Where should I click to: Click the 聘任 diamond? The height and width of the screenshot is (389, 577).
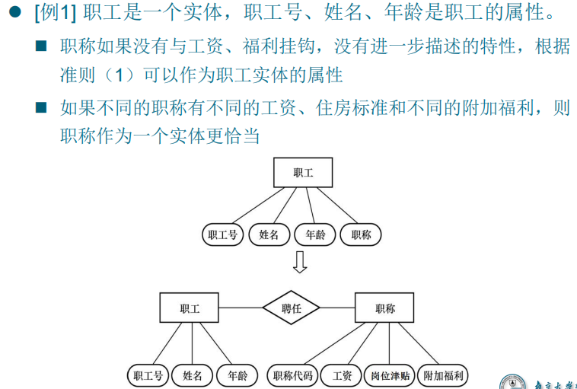pyautogui.click(x=292, y=308)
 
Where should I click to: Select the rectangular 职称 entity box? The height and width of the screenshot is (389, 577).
pyautogui.click(x=385, y=308)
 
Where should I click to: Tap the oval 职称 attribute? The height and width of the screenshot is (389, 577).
pyautogui.click(x=361, y=235)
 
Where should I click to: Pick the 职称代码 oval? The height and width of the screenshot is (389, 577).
pyautogui.click(x=292, y=375)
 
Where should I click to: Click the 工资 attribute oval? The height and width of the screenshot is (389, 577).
pyautogui.click(x=342, y=375)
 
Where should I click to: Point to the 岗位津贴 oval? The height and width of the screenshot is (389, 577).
pyautogui.click(x=391, y=375)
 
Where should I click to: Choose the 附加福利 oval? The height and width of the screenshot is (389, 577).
pyautogui.click(x=444, y=375)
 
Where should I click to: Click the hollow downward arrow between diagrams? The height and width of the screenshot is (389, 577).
pyautogui.click(x=300, y=261)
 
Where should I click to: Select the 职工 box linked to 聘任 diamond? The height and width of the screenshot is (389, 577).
pyautogui.click(x=190, y=308)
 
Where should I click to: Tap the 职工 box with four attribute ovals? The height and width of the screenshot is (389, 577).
pyautogui.click(x=303, y=173)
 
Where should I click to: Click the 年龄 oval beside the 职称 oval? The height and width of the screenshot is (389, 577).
pyautogui.click(x=315, y=235)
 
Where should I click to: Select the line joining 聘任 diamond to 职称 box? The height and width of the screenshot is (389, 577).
pyautogui.click(x=338, y=308)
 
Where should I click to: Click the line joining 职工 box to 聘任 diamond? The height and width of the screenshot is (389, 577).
pyautogui.click(x=241, y=308)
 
